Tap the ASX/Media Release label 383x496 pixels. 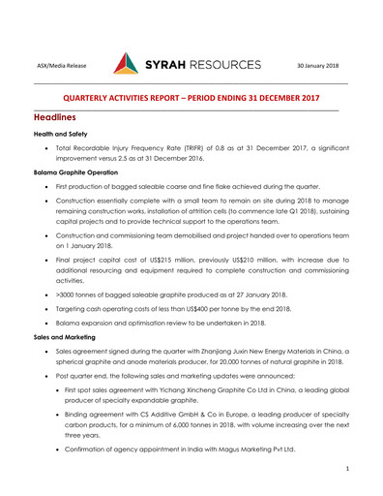pyautogui.click(x=61, y=66)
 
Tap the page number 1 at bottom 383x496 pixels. pyautogui.click(x=346, y=468)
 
